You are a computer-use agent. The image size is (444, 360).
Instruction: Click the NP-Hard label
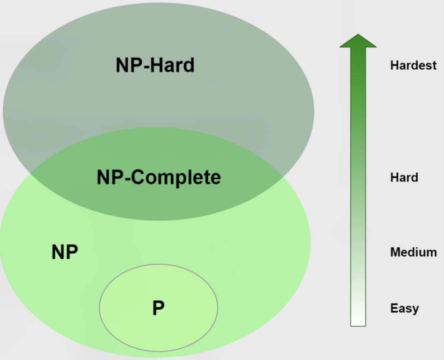tap(155, 65)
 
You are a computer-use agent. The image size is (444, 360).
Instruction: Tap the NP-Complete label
tap(159, 177)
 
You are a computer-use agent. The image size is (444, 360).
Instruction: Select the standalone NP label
tap(65, 252)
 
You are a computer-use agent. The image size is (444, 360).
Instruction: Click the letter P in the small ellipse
tap(158, 308)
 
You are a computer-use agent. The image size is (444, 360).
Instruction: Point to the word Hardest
tap(413, 65)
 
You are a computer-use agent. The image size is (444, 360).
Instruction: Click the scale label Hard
tap(404, 178)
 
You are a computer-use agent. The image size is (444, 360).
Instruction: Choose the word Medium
tap(413, 252)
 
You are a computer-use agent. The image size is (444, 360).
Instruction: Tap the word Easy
tap(404, 308)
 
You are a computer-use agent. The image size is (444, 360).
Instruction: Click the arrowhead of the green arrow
tap(358, 41)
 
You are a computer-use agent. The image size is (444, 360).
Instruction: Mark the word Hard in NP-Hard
tap(172, 65)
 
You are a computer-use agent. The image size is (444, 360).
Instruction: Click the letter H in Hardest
tap(394, 65)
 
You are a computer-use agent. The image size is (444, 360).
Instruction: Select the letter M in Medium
tap(395, 252)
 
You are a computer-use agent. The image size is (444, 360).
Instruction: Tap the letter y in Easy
tap(415, 310)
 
